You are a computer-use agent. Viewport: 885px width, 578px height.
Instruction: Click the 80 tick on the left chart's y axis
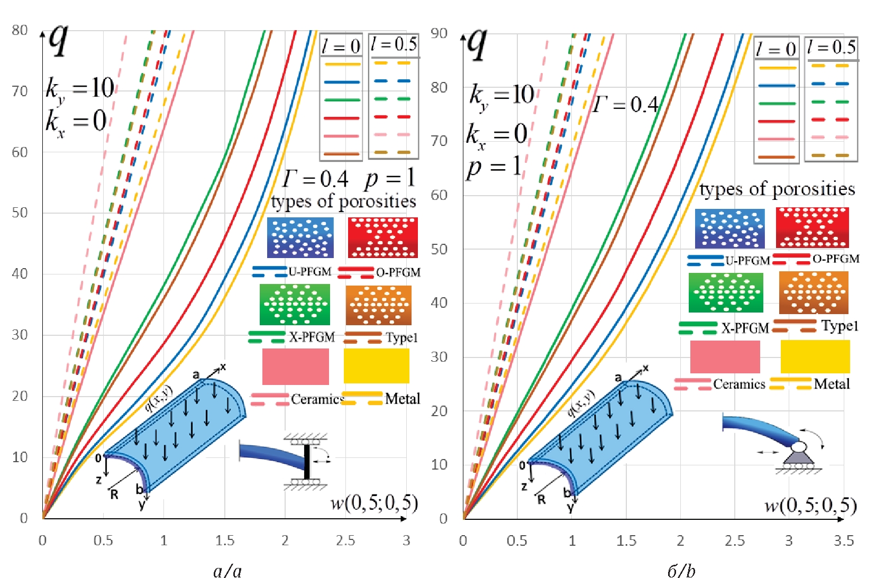(20, 30)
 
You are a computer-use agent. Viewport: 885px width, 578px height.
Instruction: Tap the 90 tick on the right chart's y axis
(439, 33)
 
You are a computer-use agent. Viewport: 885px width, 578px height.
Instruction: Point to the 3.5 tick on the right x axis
(844, 540)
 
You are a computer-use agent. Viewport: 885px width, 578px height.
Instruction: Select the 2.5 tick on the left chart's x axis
(345, 540)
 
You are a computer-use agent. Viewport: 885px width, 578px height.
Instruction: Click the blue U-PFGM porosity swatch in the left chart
(300, 237)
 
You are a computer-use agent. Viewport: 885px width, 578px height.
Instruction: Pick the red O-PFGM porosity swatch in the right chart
(812, 227)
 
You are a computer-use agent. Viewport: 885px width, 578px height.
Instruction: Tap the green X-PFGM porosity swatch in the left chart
(295, 305)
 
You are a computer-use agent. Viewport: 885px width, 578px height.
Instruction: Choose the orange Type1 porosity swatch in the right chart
(814, 292)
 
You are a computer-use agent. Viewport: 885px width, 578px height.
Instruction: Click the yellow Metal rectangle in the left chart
(376, 366)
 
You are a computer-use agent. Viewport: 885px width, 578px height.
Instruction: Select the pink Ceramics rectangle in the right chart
(725, 357)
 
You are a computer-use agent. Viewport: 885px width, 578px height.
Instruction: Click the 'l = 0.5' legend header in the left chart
(394, 44)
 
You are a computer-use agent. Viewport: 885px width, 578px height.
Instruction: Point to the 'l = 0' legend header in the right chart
(776, 49)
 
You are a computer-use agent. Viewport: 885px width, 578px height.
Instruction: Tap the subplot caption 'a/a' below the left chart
(227, 571)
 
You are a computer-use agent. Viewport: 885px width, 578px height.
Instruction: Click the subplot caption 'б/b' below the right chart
(681, 571)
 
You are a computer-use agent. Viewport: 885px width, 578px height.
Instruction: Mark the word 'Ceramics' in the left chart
(317, 399)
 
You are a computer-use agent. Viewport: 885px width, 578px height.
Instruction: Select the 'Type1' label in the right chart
(840, 326)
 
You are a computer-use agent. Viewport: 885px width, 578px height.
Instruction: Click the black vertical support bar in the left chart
(307, 462)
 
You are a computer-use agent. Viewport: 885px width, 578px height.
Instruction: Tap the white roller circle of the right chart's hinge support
(799, 446)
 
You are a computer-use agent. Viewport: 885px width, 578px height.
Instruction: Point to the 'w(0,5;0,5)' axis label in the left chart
(374, 503)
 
